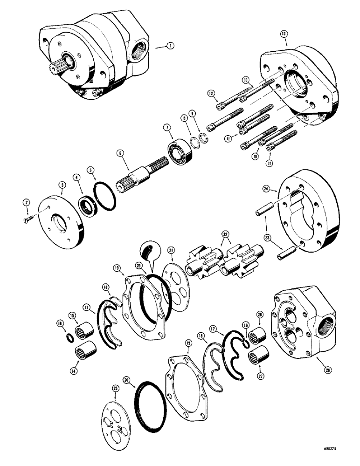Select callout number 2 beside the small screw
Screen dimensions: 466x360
click(x=27, y=202)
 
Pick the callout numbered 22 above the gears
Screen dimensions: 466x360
click(x=225, y=234)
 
